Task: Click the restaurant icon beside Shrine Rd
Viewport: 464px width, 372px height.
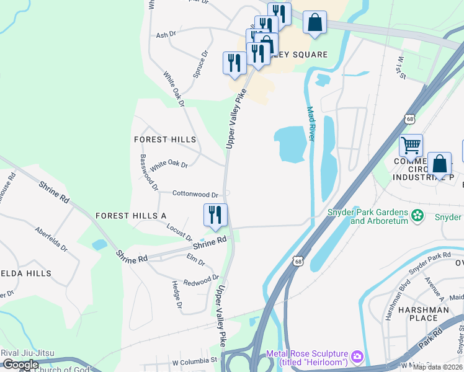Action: tap(215, 215)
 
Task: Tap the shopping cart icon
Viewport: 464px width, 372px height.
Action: tap(411, 146)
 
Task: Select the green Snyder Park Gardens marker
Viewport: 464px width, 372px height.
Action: tap(418, 216)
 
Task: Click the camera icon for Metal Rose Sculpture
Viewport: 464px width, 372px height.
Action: tap(357, 356)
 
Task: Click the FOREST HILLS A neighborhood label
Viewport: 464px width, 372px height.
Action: tap(131, 215)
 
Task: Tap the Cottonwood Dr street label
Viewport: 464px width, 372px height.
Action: tap(195, 194)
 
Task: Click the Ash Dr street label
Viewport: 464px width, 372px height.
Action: tap(166, 35)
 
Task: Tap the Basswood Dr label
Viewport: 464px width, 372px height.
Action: tap(149, 172)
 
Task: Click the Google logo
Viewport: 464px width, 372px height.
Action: tap(20, 365)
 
